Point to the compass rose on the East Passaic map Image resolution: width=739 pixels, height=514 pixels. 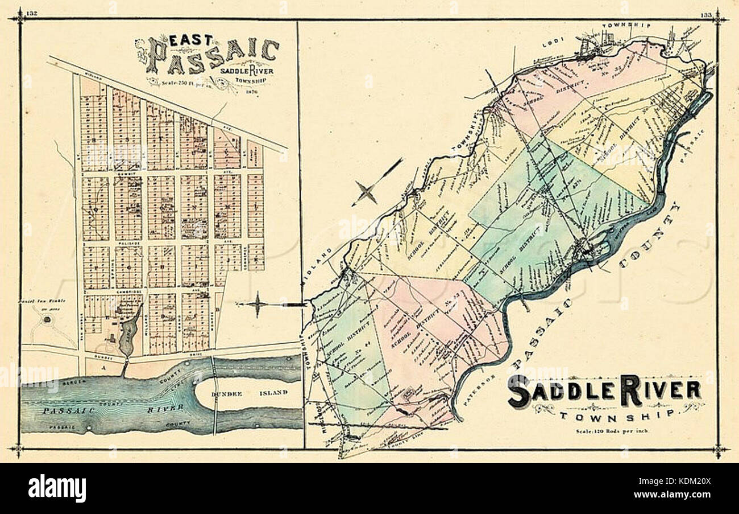pyautogui.click(x=258, y=305)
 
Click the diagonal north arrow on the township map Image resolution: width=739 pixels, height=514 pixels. pyautogui.click(x=375, y=183)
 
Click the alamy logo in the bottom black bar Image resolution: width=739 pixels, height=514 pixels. pyautogui.click(x=57, y=488)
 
